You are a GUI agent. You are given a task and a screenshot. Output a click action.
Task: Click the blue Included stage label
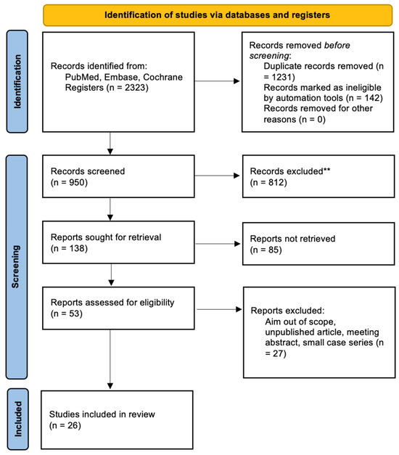pyautogui.click(x=17, y=420)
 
